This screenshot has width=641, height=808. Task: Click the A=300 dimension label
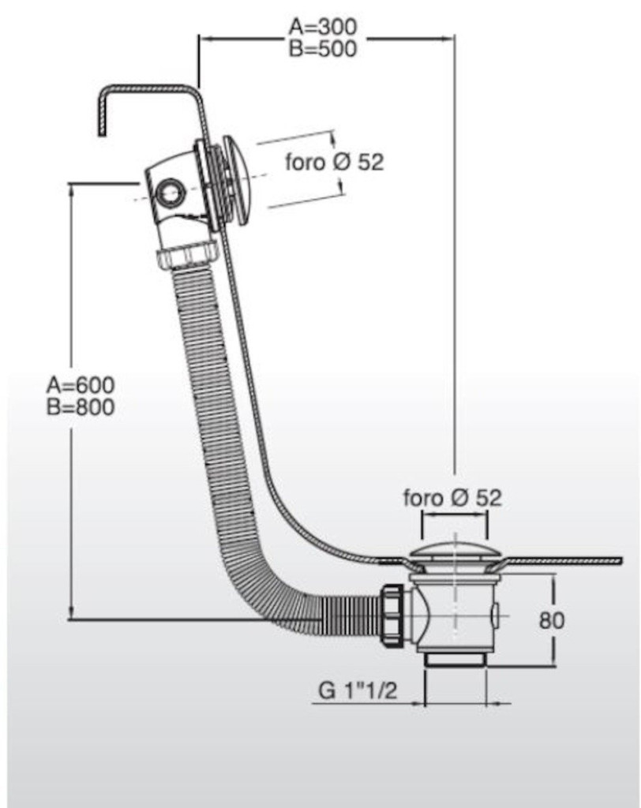[322, 27]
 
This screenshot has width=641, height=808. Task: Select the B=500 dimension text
[322, 48]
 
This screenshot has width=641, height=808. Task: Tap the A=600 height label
[81, 386]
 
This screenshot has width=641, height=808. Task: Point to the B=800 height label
[81, 408]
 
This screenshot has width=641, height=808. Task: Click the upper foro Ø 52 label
[334, 163]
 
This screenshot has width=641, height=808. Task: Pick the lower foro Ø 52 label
[452, 498]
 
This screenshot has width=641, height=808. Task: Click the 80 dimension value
[552, 620]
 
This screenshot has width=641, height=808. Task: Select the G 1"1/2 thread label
[357, 691]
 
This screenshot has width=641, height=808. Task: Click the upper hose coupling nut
[188, 255]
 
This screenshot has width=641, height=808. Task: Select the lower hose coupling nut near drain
[392, 615]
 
